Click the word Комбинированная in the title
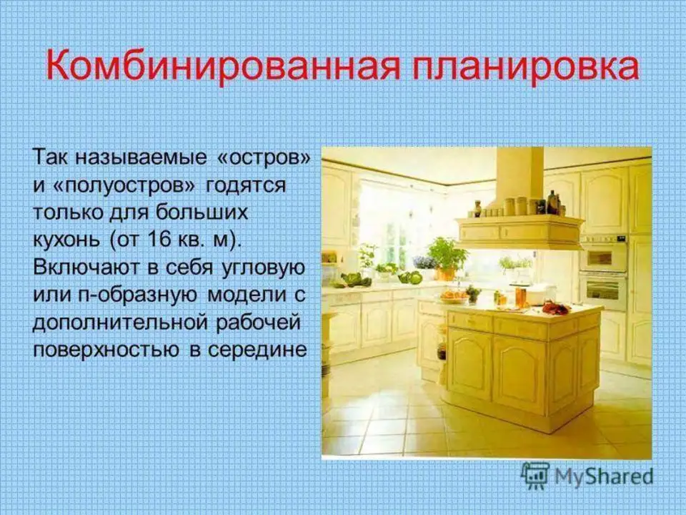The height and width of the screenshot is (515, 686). pos(222,67)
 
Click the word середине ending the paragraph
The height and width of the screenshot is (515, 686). pos(257,350)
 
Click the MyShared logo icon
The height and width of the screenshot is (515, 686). pos(535,476)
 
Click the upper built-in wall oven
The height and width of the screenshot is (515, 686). pos(603,256)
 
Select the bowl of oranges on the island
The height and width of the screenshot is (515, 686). pos(454,296)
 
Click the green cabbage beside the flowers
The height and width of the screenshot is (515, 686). pos(410,278)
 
